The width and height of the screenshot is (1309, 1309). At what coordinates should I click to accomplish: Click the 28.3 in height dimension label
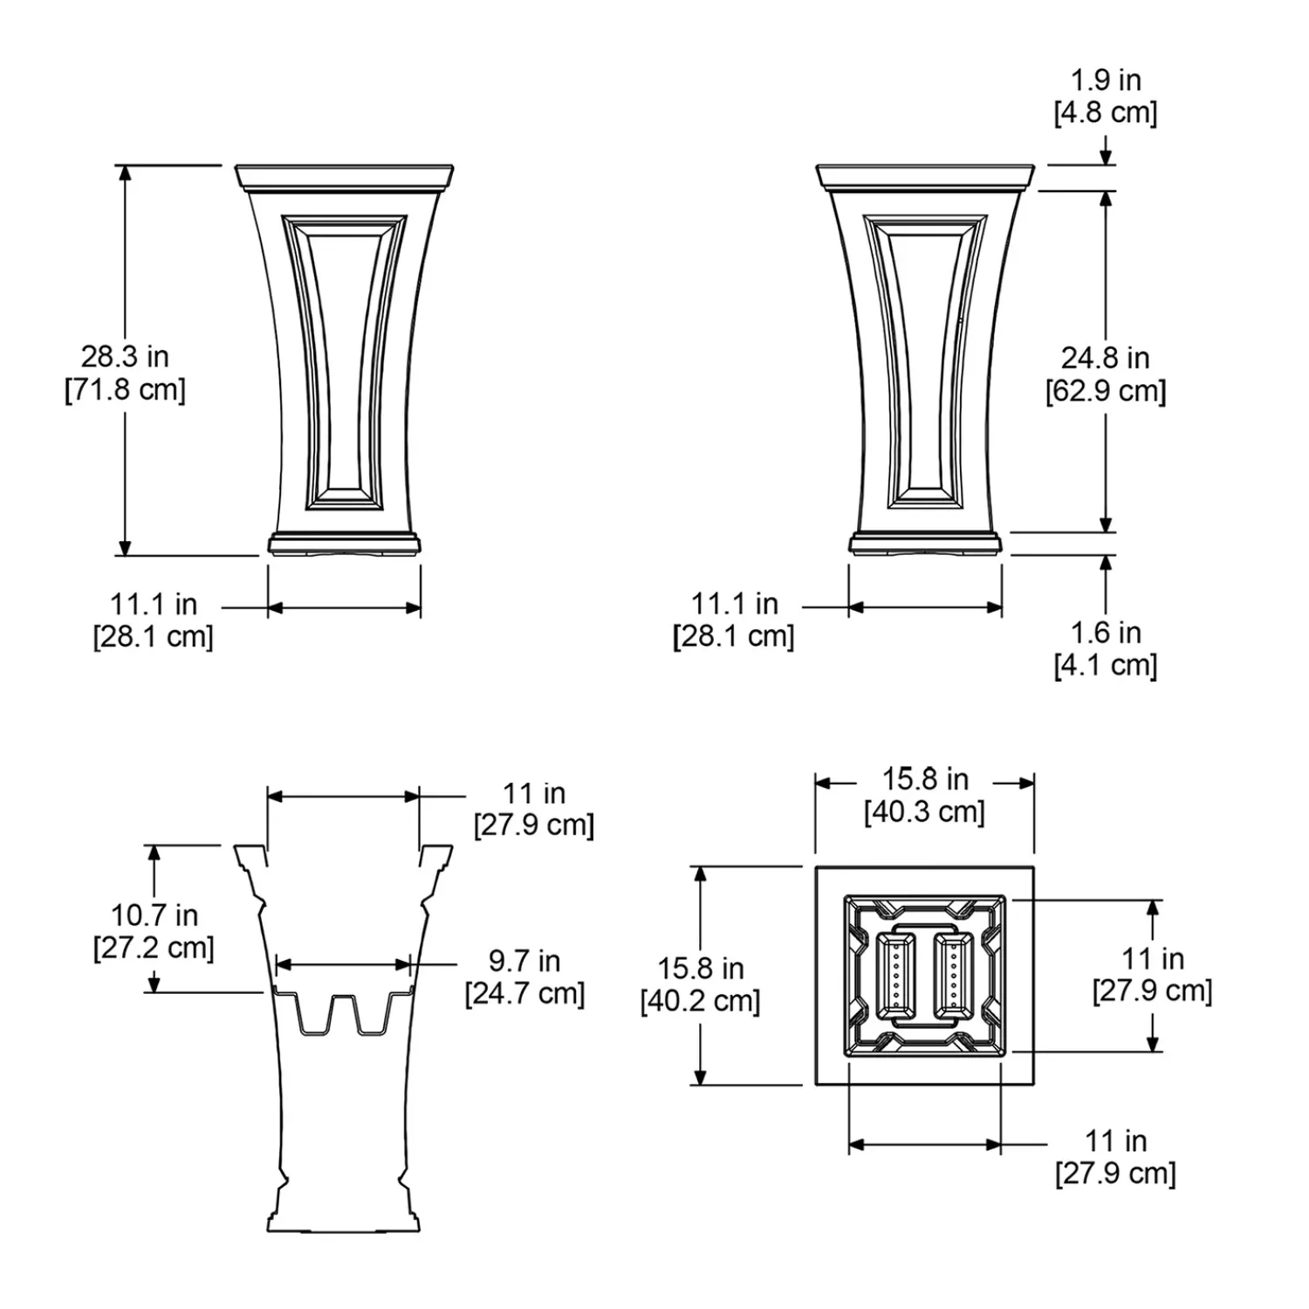pos(125,356)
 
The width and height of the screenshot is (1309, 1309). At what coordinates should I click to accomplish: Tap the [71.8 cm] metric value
pos(125,389)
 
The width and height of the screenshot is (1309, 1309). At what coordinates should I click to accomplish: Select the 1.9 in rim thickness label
pos(1106,79)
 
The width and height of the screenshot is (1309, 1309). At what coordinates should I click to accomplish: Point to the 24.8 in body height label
pos(1105,357)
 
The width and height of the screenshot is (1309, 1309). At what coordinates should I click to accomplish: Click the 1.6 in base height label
pos(1106,632)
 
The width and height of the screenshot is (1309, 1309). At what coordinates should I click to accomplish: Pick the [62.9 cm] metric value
pos(1106,390)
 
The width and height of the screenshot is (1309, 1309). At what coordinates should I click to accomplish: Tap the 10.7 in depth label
pos(154,915)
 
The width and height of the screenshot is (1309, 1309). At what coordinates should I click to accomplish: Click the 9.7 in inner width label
pos(524,961)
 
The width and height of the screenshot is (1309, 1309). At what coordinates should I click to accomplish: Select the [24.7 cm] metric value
pos(524,993)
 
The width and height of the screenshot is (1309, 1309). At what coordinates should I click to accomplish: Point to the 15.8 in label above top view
pos(925,778)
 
